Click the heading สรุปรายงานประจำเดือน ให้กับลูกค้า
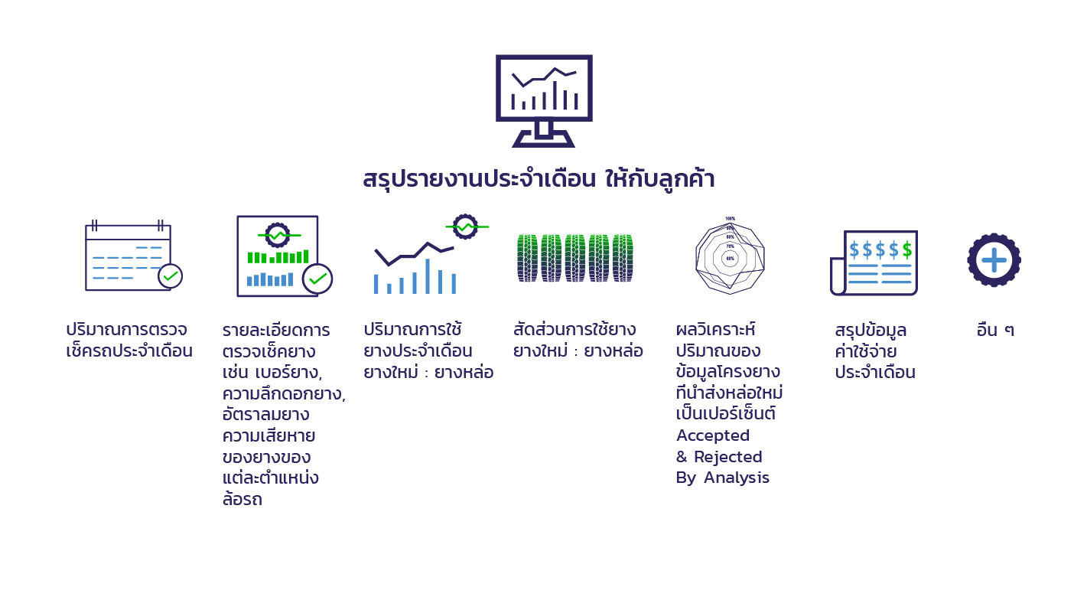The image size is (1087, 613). coord(539,178)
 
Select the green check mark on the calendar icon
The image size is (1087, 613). coord(171,276)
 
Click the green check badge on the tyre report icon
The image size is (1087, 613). coord(317,279)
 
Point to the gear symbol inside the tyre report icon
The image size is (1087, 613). coord(278,236)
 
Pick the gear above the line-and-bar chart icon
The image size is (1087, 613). coord(465,227)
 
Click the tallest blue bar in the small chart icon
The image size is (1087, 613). coord(428,276)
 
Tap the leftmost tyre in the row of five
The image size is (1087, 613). coord(528,258)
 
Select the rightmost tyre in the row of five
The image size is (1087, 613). coord(623,258)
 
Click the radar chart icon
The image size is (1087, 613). coord(730,256)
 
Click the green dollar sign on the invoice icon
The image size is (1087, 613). coord(907,250)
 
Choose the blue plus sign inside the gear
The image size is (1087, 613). coord(994,260)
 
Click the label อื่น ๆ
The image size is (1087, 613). coord(995,330)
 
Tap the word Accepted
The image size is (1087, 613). coord(713,435)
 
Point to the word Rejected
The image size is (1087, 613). coord(728,457)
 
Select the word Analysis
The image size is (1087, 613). coord(737,478)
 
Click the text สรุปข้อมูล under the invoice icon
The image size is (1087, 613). coord(871,331)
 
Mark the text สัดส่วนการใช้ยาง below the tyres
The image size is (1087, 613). coord(574,329)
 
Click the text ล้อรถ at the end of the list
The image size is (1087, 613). coord(242,499)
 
